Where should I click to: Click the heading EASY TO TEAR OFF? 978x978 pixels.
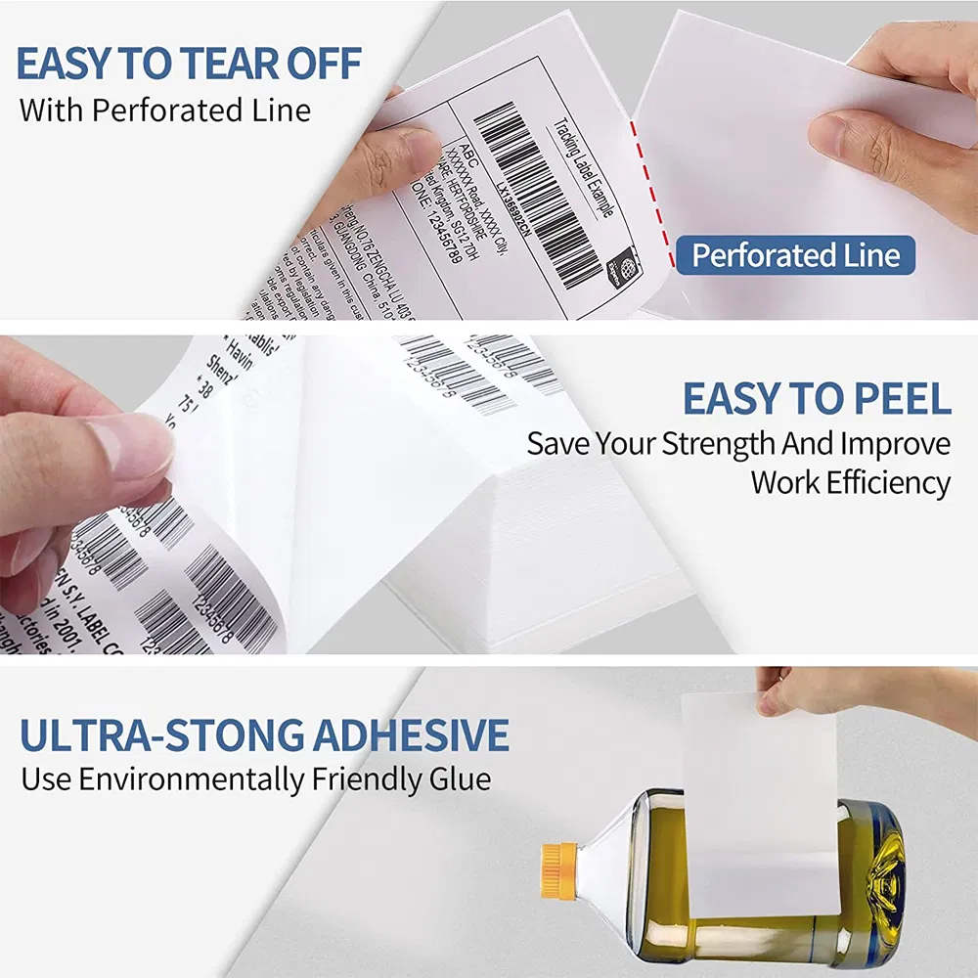(x=189, y=64)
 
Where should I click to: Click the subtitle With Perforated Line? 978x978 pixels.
(x=164, y=110)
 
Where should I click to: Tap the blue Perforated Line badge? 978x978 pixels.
(x=795, y=256)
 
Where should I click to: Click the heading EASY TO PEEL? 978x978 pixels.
(x=816, y=399)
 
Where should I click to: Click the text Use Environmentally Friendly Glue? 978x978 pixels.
(x=255, y=779)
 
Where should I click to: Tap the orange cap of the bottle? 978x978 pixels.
(x=557, y=868)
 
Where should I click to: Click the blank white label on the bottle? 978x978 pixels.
(x=758, y=802)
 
